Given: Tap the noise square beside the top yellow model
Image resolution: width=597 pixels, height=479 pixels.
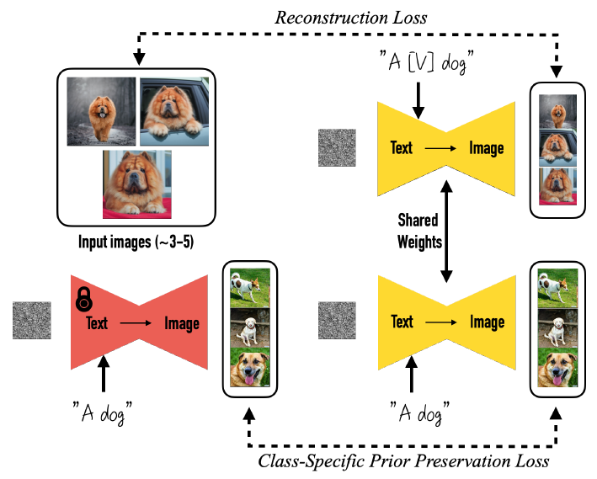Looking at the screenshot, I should click(x=337, y=147).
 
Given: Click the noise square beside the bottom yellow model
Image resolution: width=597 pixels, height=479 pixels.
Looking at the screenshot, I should click(x=337, y=322).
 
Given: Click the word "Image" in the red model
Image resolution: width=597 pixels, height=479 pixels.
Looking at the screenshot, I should click(x=181, y=323).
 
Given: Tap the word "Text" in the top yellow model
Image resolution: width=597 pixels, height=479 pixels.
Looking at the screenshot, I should click(x=402, y=148).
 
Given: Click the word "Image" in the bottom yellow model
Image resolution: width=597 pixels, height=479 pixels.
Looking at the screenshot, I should click(x=486, y=322).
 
